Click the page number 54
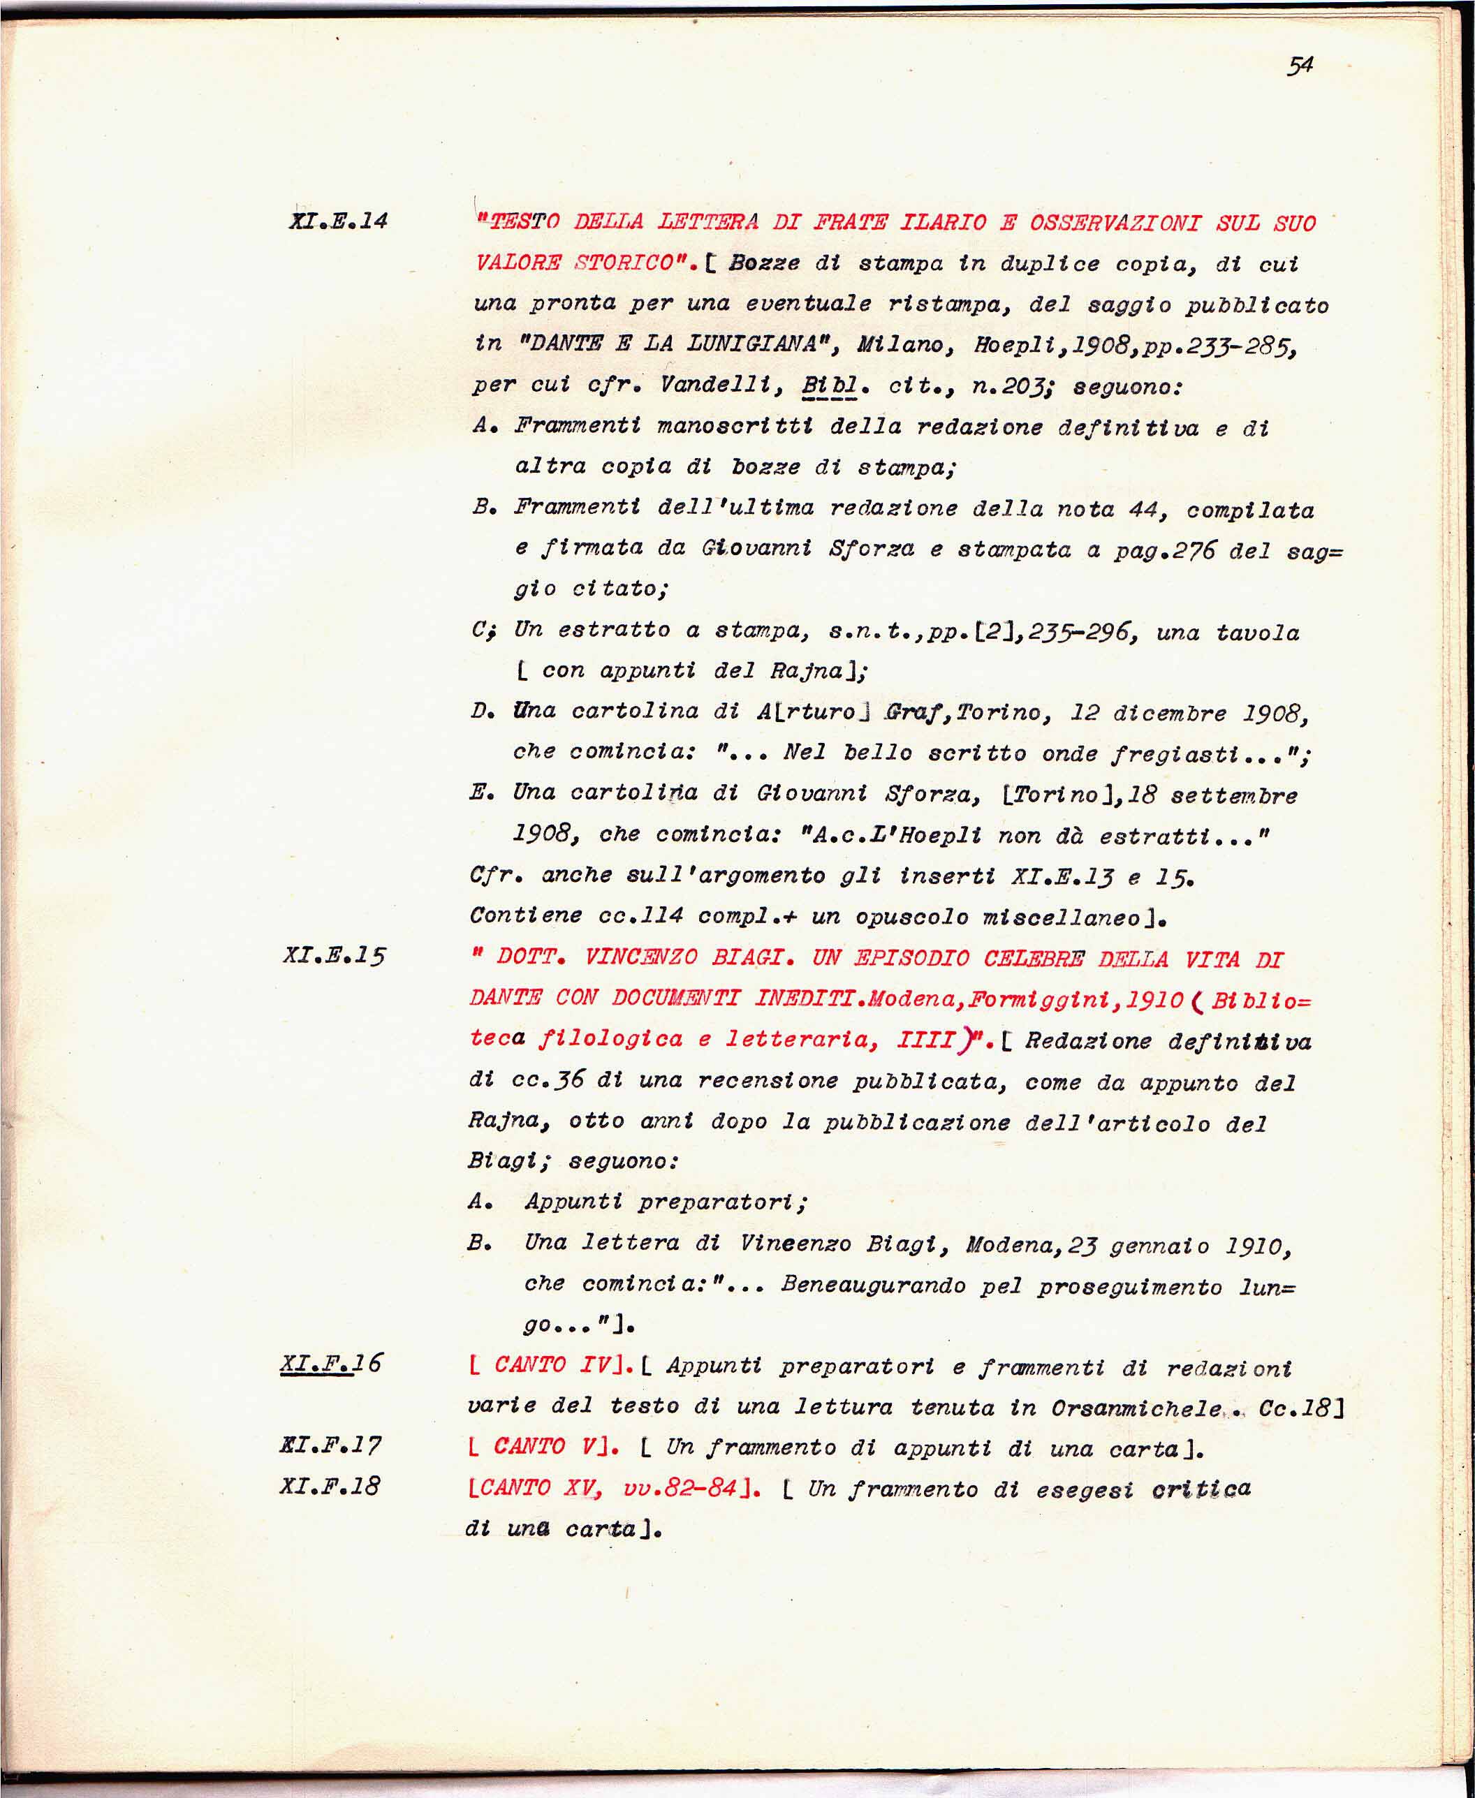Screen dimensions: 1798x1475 tap(1300, 66)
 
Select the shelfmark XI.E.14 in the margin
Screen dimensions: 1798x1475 tap(338, 221)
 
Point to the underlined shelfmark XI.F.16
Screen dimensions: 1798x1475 tap(331, 1364)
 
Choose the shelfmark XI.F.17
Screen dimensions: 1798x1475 tap(330, 1445)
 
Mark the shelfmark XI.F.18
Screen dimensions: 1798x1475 tap(330, 1485)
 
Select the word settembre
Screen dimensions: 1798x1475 tap(1233, 796)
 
